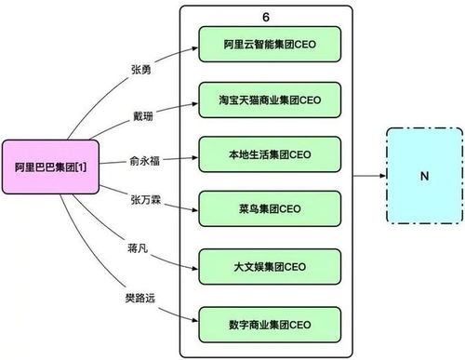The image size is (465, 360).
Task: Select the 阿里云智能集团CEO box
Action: click(x=270, y=43)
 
